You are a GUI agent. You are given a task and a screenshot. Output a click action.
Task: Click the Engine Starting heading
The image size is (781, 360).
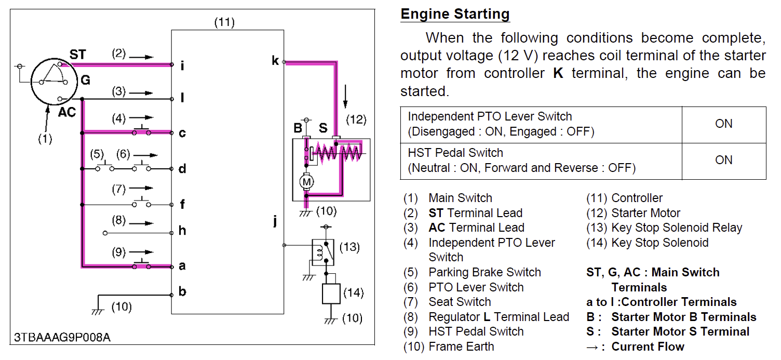455,14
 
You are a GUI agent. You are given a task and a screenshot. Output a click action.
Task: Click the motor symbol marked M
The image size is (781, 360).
306,182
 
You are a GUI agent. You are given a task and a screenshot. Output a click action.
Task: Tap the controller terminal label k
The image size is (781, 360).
275,61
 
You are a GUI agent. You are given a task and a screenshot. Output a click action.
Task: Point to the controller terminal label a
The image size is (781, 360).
182,266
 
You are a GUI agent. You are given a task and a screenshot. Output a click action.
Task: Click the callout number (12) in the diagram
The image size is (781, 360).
356,120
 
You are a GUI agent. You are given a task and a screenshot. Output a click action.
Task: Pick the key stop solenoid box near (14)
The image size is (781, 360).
330,294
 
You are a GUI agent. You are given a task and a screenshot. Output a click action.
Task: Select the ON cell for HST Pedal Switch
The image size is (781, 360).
723,160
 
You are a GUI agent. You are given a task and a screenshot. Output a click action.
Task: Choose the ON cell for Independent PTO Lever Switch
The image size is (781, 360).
723,124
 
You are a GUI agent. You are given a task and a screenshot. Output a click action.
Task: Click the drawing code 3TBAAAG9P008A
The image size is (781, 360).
62,337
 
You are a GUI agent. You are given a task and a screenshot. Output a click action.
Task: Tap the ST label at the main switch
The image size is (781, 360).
78,54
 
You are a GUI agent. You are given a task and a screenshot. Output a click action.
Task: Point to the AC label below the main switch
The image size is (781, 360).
66,112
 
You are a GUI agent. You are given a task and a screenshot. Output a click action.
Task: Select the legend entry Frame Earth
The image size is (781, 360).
461,346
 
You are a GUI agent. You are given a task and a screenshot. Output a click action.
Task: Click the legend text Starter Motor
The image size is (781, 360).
645,213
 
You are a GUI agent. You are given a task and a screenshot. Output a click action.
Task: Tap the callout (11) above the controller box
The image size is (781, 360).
224,22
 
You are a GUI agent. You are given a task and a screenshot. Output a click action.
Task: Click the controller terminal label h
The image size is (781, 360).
182,231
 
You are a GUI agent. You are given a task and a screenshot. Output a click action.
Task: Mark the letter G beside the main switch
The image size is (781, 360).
85,80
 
